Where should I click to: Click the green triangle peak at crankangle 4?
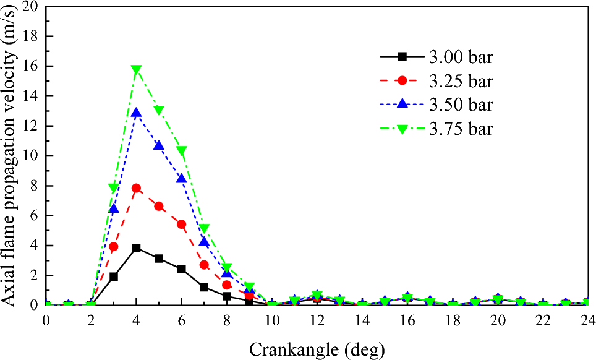click(136, 70)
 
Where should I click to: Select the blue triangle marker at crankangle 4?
click(136, 113)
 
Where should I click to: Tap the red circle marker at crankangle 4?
click(136, 188)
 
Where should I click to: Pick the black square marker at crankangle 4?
click(136, 247)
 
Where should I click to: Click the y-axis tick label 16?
click(29, 66)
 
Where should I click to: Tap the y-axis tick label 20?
click(29, 7)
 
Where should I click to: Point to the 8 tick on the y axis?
click(33, 186)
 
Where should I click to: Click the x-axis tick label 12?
click(317, 320)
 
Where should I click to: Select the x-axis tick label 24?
click(587, 320)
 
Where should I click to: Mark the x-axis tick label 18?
click(452, 320)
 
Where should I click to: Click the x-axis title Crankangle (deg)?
click(317, 349)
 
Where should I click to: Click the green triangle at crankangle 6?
click(181, 150)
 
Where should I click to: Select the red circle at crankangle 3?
click(114, 246)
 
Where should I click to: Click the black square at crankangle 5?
click(159, 258)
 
